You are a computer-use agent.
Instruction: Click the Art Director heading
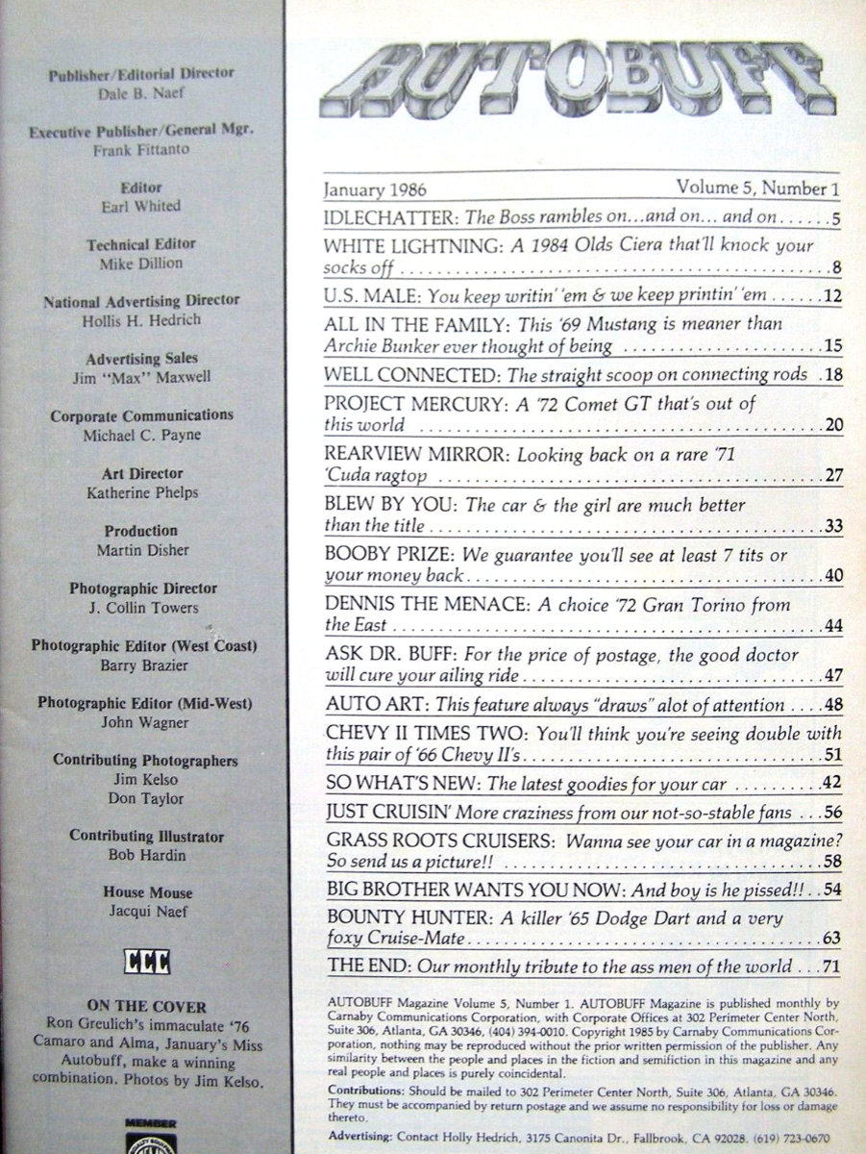pyautogui.click(x=142, y=473)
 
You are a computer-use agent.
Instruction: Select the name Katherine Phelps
pyautogui.click(x=141, y=492)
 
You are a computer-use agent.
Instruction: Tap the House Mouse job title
pyautogui.click(x=148, y=892)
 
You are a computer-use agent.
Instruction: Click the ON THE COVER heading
pyautogui.click(x=141, y=1005)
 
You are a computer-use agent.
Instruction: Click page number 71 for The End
pyautogui.click(x=832, y=967)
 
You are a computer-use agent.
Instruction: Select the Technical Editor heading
pyautogui.click(x=142, y=245)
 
